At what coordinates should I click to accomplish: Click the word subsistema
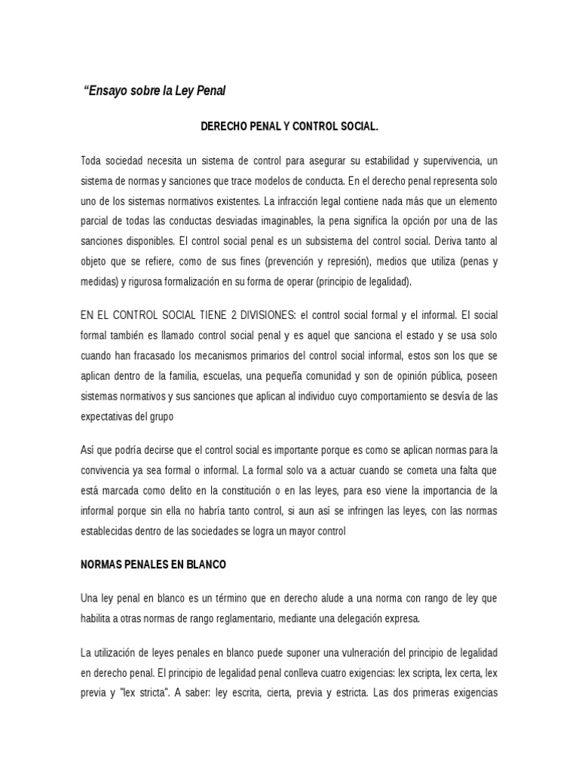click(346, 242)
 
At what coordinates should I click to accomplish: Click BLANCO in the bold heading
click(201, 565)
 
